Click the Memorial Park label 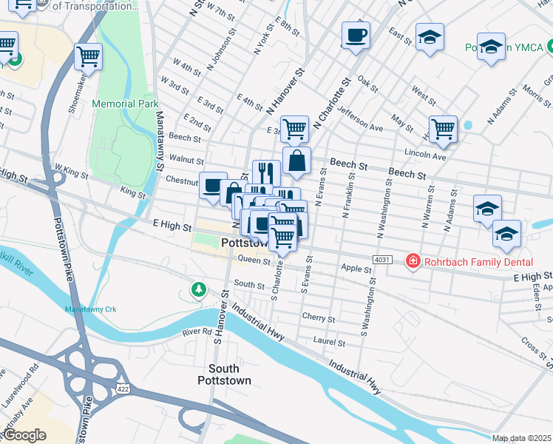click(x=126, y=104)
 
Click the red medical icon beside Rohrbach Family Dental click(x=412, y=261)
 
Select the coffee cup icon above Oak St click(x=356, y=35)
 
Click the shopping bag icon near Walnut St click(x=296, y=160)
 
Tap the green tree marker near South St click(x=197, y=289)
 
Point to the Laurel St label click(x=329, y=343)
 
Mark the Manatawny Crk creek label click(x=92, y=309)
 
